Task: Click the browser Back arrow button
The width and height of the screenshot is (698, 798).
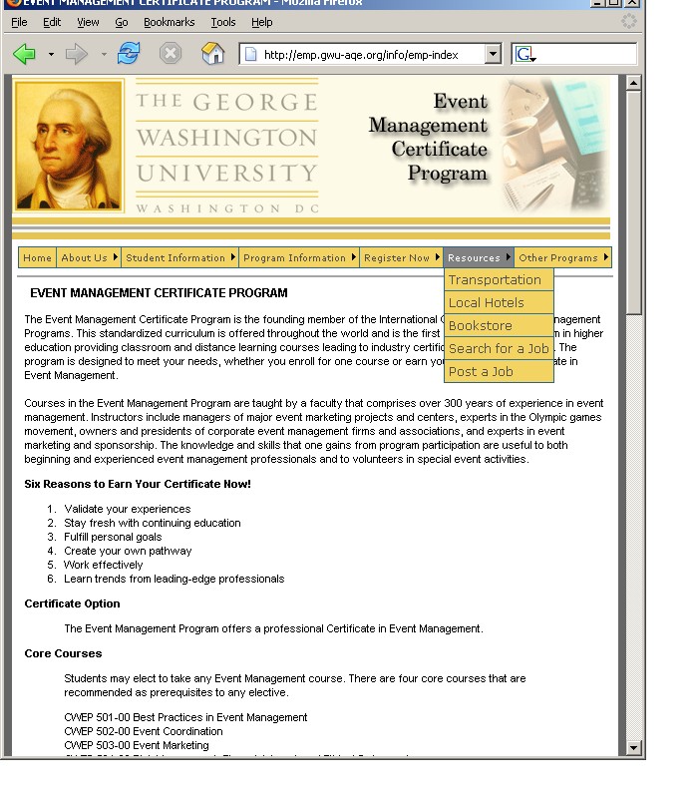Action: pos(25,54)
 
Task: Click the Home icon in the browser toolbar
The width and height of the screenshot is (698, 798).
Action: pos(213,54)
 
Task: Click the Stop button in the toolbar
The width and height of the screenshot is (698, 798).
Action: pos(172,54)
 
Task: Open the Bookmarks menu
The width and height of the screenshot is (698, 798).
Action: pos(169,21)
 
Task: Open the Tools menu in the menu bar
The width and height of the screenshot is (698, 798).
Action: pos(222,21)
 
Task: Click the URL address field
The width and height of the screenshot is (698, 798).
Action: pos(369,55)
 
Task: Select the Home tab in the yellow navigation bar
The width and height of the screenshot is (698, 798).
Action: pos(37,257)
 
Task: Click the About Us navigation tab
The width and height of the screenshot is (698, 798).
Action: pos(85,257)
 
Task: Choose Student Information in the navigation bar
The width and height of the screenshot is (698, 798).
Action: pos(176,257)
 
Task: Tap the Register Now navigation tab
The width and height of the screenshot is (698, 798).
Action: pos(397,257)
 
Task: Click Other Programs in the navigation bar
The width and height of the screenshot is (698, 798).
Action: pos(558,257)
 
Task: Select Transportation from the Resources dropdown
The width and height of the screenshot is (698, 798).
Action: pos(495,280)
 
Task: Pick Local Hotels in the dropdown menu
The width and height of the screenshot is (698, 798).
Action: pos(487,303)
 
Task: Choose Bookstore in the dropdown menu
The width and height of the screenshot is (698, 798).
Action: pos(481,326)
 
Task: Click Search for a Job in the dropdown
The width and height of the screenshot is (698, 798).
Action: pos(499,349)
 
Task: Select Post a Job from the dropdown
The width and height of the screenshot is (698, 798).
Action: pos(481,372)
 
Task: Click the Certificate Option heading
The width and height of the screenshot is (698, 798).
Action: pos(72,603)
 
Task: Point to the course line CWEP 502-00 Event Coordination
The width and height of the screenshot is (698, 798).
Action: pos(144,731)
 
